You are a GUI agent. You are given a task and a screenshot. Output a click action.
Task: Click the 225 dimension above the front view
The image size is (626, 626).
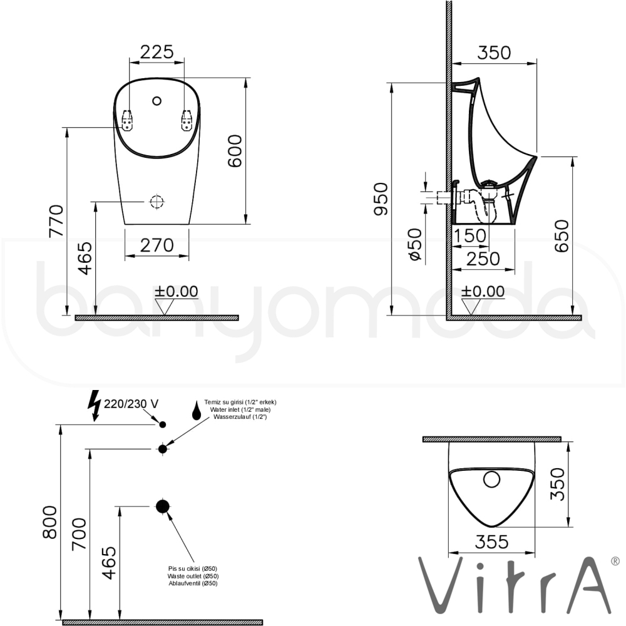coord(157,52)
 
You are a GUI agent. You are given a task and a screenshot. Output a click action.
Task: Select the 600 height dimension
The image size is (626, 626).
coord(235,151)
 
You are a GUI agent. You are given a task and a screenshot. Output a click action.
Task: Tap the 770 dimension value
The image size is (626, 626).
coord(56,221)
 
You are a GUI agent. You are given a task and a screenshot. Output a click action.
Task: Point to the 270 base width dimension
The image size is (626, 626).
coord(157,245)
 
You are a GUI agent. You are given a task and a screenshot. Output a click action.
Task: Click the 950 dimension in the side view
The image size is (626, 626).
coord(381,199)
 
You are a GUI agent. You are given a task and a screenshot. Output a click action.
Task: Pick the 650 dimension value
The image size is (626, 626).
coord(562,235)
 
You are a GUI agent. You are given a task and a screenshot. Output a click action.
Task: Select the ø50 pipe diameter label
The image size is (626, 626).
coord(415,244)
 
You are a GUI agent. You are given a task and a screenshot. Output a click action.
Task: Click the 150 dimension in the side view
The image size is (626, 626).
coord(470,235)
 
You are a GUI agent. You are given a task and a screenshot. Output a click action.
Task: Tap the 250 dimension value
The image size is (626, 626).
coord(483,259)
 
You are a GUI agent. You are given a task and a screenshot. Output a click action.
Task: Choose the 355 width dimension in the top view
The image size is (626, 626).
coord(492,541)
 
